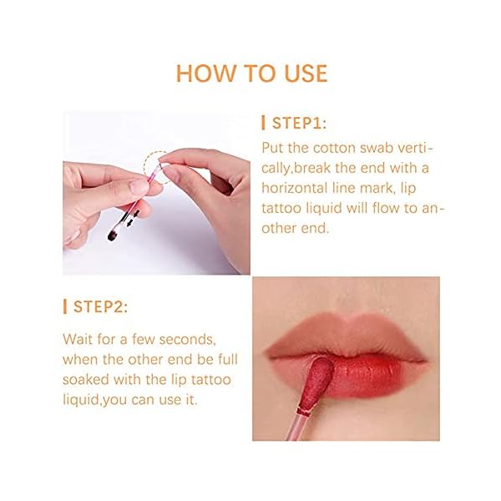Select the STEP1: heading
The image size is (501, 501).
pos(300,124)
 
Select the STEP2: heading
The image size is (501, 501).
pos(99,307)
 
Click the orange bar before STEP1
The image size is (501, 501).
pos(264,124)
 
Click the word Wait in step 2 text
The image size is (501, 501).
pos(79,340)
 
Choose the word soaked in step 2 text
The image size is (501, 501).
pos(89,380)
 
